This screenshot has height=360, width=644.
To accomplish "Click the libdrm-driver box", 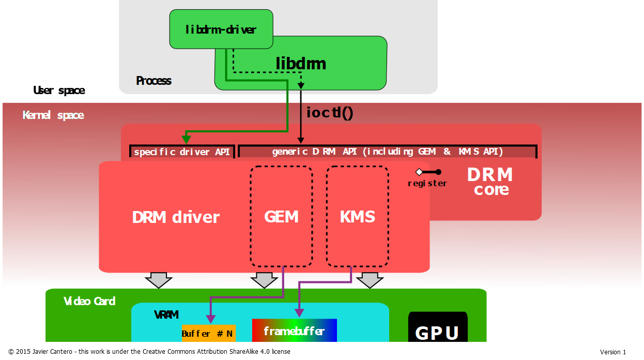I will tap(221, 29).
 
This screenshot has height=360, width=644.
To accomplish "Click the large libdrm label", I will tap(301, 64).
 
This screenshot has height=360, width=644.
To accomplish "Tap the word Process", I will tap(154, 81).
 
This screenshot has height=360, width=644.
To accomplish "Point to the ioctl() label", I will tap(329, 112).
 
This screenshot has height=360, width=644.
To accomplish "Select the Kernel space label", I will tap(53, 115).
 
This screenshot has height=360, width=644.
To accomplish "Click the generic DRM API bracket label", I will tap(387, 152).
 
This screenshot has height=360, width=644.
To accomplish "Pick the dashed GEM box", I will tap(281, 216).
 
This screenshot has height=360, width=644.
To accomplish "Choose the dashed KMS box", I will tap(357, 216).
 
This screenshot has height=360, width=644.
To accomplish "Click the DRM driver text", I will tap(176, 217).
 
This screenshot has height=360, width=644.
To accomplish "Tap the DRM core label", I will tap(490, 182).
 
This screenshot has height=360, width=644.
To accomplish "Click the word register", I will tap(427, 183).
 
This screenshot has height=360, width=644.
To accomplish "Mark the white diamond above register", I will tap(419, 172).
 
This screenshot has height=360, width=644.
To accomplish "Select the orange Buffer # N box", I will tap(208, 333).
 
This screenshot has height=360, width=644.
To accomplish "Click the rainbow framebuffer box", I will tap(294, 331).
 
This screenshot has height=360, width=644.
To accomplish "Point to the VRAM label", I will tap(166, 314).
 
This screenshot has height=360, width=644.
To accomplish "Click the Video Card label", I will tap(89, 301).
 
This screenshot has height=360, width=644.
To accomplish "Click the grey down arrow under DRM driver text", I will tap(158, 280).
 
